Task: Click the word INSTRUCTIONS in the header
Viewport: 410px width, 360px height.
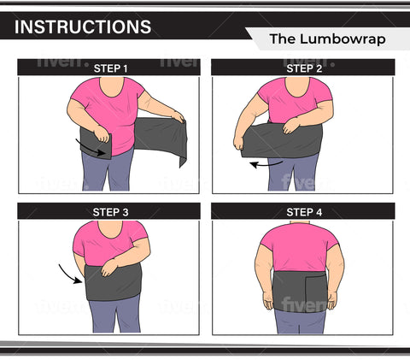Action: point(83,27)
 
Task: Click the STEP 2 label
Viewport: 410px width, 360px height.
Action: point(302,68)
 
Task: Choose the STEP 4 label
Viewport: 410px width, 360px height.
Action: point(302,211)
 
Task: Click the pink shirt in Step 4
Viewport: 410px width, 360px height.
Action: point(303,248)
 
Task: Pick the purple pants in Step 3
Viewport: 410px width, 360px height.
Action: point(115,316)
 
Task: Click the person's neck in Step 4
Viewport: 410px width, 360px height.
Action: point(303,225)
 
